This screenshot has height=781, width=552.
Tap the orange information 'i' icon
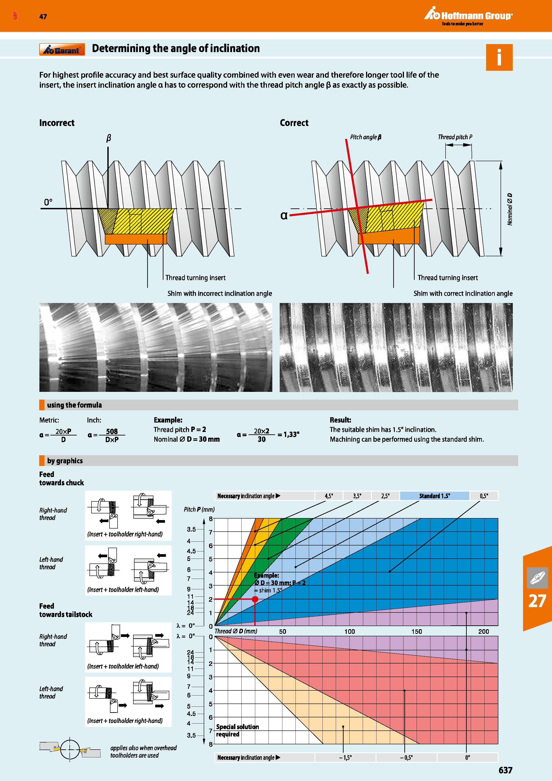coord(499,57)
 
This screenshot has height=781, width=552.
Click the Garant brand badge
coord(62,50)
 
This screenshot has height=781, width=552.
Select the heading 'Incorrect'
coord(57,123)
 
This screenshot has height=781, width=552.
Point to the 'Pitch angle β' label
coord(366,137)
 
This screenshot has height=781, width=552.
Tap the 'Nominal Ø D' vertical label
coord(509,209)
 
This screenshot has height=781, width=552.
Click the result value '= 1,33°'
coord(288,434)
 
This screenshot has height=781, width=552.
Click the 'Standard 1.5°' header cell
coord(434,496)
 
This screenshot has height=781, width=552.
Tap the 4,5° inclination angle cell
coord(328,496)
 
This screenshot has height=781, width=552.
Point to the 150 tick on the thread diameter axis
coord(417,631)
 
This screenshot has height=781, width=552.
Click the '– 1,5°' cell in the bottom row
coord(345,758)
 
